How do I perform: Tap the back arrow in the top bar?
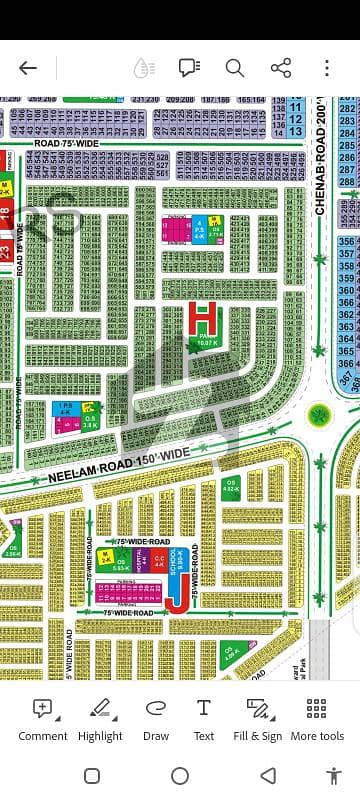[28, 68]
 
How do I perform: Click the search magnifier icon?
[234, 68]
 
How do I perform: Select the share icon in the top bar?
[281, 68]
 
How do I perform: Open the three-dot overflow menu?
[328, 68]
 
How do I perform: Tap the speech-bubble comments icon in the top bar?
[188, 68]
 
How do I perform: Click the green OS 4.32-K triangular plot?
[230, 490]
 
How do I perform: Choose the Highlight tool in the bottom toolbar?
[100, 718]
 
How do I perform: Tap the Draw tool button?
[156, 718]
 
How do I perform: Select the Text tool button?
[204, 718]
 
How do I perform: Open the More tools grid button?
[317, 718]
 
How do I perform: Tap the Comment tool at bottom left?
[43, 718]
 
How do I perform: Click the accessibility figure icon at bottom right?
[334, 776]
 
